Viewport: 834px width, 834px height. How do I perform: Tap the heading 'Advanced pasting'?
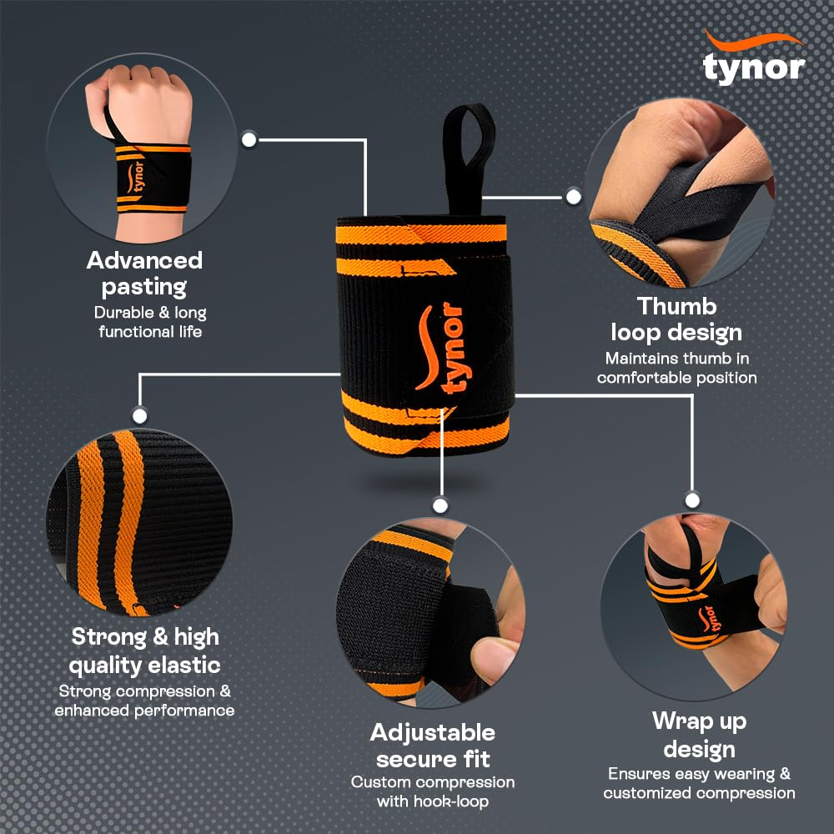click(144, 274)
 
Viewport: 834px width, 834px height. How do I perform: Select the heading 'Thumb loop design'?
click(676, 319)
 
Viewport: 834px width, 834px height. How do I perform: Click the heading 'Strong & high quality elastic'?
click(144, 651)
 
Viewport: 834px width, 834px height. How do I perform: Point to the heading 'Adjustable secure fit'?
click(433, 746)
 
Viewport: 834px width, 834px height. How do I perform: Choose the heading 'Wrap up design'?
click(699, 733)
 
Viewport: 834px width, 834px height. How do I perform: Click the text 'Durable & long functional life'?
click(150, 322)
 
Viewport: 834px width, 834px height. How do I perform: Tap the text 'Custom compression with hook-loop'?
click(433, 791)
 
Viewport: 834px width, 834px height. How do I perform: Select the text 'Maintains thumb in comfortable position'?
click(676, 368)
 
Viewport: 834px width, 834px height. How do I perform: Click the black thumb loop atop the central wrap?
click(469, 154)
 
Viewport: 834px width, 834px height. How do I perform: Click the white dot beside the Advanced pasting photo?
click(249, 139)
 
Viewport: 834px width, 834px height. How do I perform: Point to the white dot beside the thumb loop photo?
click(573, 197)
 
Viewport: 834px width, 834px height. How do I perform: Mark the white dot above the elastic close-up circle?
click(140, 414)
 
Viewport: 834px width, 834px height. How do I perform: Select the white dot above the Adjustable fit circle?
click(440, 505)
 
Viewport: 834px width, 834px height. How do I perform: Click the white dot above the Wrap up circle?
click(691, 500)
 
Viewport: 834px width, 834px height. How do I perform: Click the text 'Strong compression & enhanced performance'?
click(144, 701)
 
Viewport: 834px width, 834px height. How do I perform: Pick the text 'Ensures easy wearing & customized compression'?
click(699, 783)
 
